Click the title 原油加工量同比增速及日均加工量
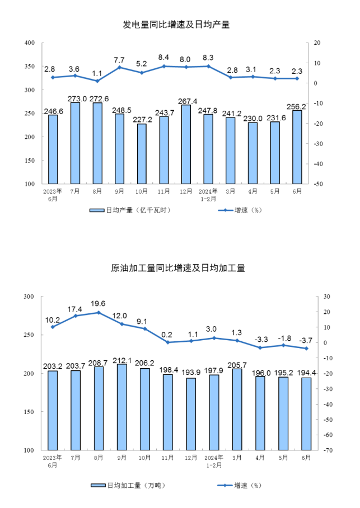click(x=178, y=268)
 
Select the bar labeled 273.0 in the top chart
click(x=75, y=143)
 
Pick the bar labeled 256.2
click(x=297, y=147)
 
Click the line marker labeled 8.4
click(x=164, y=66)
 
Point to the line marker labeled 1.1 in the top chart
click(x=97, y=81)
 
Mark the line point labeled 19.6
click(x=99, y=312)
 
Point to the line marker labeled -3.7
click(x=306, y=349)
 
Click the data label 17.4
click(x=74, y=309)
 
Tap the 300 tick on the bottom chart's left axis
click(x=29, y=297)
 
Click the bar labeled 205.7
click(x=237, y=410)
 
